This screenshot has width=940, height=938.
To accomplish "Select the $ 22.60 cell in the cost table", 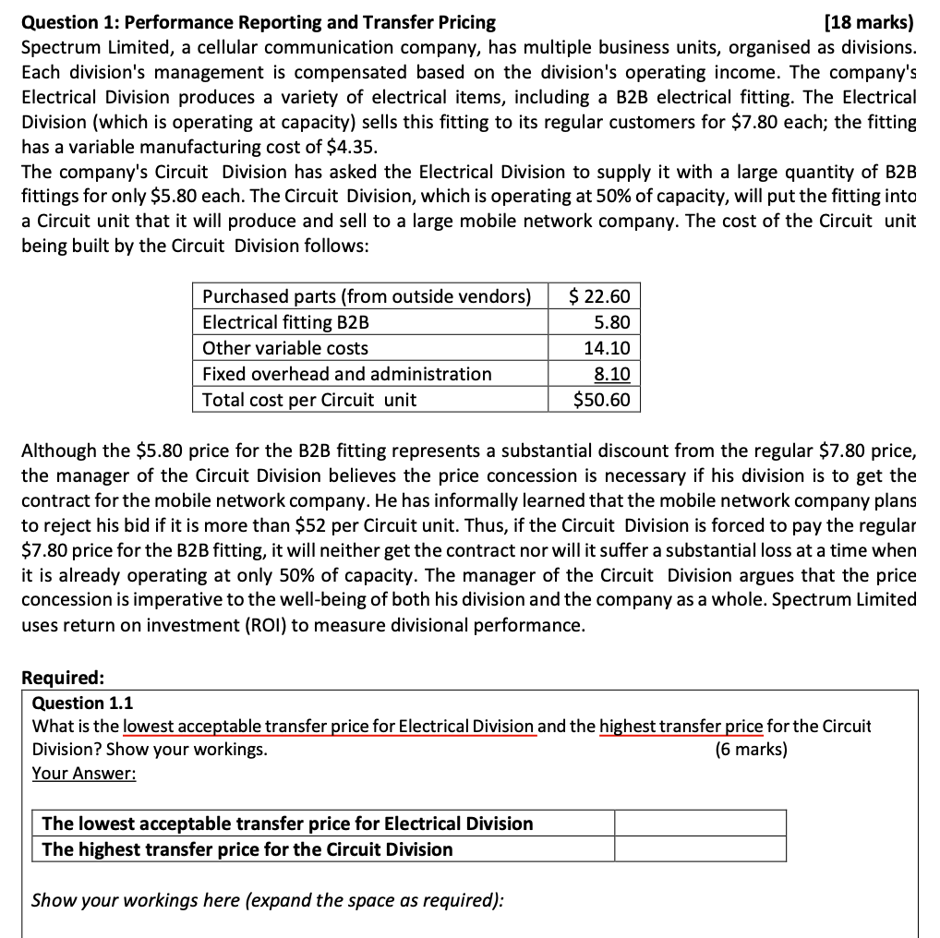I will click(x=599, y=296).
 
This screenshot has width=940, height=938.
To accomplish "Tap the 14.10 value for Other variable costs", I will click(x=607, y=348).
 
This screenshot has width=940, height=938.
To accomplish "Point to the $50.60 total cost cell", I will click(x=601, y=400).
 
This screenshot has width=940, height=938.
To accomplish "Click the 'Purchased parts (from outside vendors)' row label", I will click(x=367, y=296).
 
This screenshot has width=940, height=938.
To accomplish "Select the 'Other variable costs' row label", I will click(x=284, y=348).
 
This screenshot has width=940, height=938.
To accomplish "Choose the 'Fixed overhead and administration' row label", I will click(x=346, y=374).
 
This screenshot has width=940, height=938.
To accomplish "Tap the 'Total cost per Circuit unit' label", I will click(x=308, y=400).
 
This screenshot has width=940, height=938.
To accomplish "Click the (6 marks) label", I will click(x=751, y=749).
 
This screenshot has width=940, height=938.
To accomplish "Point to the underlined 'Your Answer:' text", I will click(x=84, y=773).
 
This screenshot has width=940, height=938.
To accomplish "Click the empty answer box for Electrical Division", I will click(x=700, y=824).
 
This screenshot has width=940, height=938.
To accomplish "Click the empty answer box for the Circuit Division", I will click(x=700, y=849).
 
